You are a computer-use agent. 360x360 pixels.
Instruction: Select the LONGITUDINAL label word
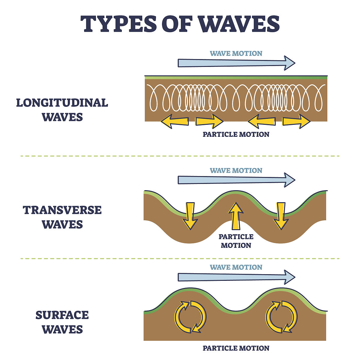pyautogui.click(x=62, y=103)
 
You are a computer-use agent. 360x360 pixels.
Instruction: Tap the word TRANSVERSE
pyautogui.click(x=62, y=210)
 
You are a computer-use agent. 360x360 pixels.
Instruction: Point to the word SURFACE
pyautogui.click(x=62, y=315)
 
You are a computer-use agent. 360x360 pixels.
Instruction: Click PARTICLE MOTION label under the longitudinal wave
pyautogui.click(x=236, y=134)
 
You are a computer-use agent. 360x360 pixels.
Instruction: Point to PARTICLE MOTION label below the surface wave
pyautogui.click(x=236, y=348)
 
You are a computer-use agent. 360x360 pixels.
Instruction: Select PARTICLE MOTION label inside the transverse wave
pyautogui.click(x=236, y=241)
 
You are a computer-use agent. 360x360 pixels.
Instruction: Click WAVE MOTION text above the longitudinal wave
pyautogui.click(x=236, y=54)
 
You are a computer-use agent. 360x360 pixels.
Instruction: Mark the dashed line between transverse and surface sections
pyautogui.click(x=180, y=258)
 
